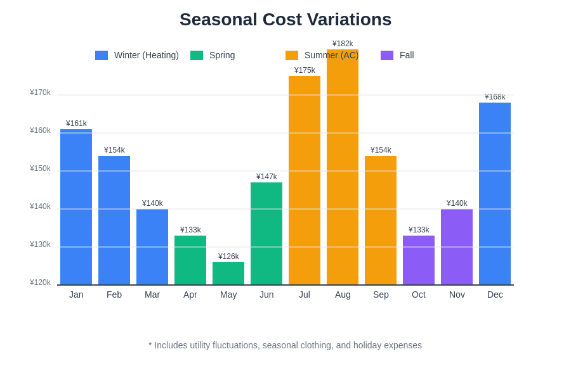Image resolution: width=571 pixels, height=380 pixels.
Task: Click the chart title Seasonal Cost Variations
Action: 285,20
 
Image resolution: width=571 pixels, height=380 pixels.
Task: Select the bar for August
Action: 343,171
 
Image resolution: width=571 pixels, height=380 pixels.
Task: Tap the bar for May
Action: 228,274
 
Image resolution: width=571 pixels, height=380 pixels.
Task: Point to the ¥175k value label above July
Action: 305,70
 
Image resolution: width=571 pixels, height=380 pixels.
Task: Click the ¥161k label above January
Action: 76,123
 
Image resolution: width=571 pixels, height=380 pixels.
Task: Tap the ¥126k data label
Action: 228,256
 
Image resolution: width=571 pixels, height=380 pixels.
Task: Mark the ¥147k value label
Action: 266,177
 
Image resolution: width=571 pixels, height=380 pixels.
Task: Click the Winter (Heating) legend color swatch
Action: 102,56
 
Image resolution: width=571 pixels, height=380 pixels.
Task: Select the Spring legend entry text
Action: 222,56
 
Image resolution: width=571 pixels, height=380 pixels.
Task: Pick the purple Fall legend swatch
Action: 387,56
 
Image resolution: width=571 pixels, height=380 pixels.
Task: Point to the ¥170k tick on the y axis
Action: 40,92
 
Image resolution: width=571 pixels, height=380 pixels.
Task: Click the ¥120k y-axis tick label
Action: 40,282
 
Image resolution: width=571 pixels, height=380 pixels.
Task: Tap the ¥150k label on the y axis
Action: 40,168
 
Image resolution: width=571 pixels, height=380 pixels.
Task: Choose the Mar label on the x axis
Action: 152,294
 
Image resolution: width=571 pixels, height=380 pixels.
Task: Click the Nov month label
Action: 457,294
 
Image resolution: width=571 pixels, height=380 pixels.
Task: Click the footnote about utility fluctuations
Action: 285,345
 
